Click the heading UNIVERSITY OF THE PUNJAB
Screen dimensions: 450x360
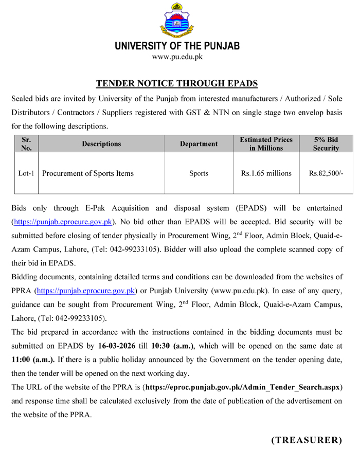coord(177,46)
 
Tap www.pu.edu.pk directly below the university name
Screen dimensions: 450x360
coord(177,57)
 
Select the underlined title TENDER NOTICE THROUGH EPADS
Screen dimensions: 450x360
coord(177,83)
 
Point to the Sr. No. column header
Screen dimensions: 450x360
coord(26,144)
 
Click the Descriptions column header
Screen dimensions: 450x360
coord(101,144)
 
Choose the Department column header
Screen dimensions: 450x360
coord(199,144)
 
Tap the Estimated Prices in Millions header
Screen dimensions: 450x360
coord(266,144)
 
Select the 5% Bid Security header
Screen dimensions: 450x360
coord(327,144)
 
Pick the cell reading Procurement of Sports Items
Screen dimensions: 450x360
coord(88,174)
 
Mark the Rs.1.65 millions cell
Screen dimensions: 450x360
coord(266,174)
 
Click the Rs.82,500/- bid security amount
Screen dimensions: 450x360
coord(327,174)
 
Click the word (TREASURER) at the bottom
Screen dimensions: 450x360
coord(307,440)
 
